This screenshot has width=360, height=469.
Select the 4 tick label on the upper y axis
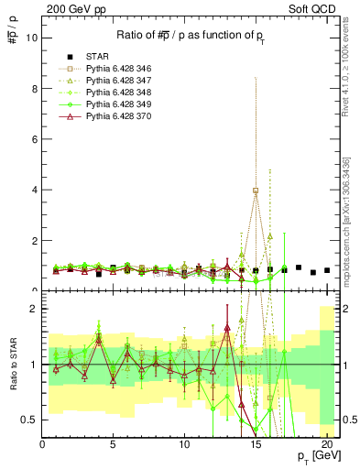[x=35, y=191]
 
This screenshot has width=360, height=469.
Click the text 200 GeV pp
[x=70, y=7]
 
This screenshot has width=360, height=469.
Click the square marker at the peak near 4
[x=256, y=191]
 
